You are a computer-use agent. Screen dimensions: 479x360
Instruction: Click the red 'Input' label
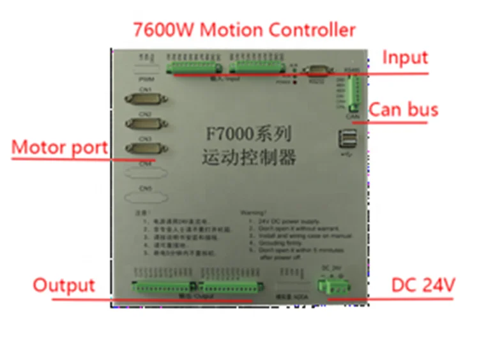(x=405, y=57)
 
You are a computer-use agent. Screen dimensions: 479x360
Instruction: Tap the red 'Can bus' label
(x=404, y=109)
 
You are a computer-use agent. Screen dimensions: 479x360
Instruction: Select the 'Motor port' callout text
(x=59, y=147)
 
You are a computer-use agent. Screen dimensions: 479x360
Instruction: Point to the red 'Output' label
(x=64, y=285)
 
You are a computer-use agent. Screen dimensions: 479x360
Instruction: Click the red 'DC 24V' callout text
(x=423, y=285)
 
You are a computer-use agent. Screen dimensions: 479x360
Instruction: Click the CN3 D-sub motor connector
(x=140, y=149)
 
